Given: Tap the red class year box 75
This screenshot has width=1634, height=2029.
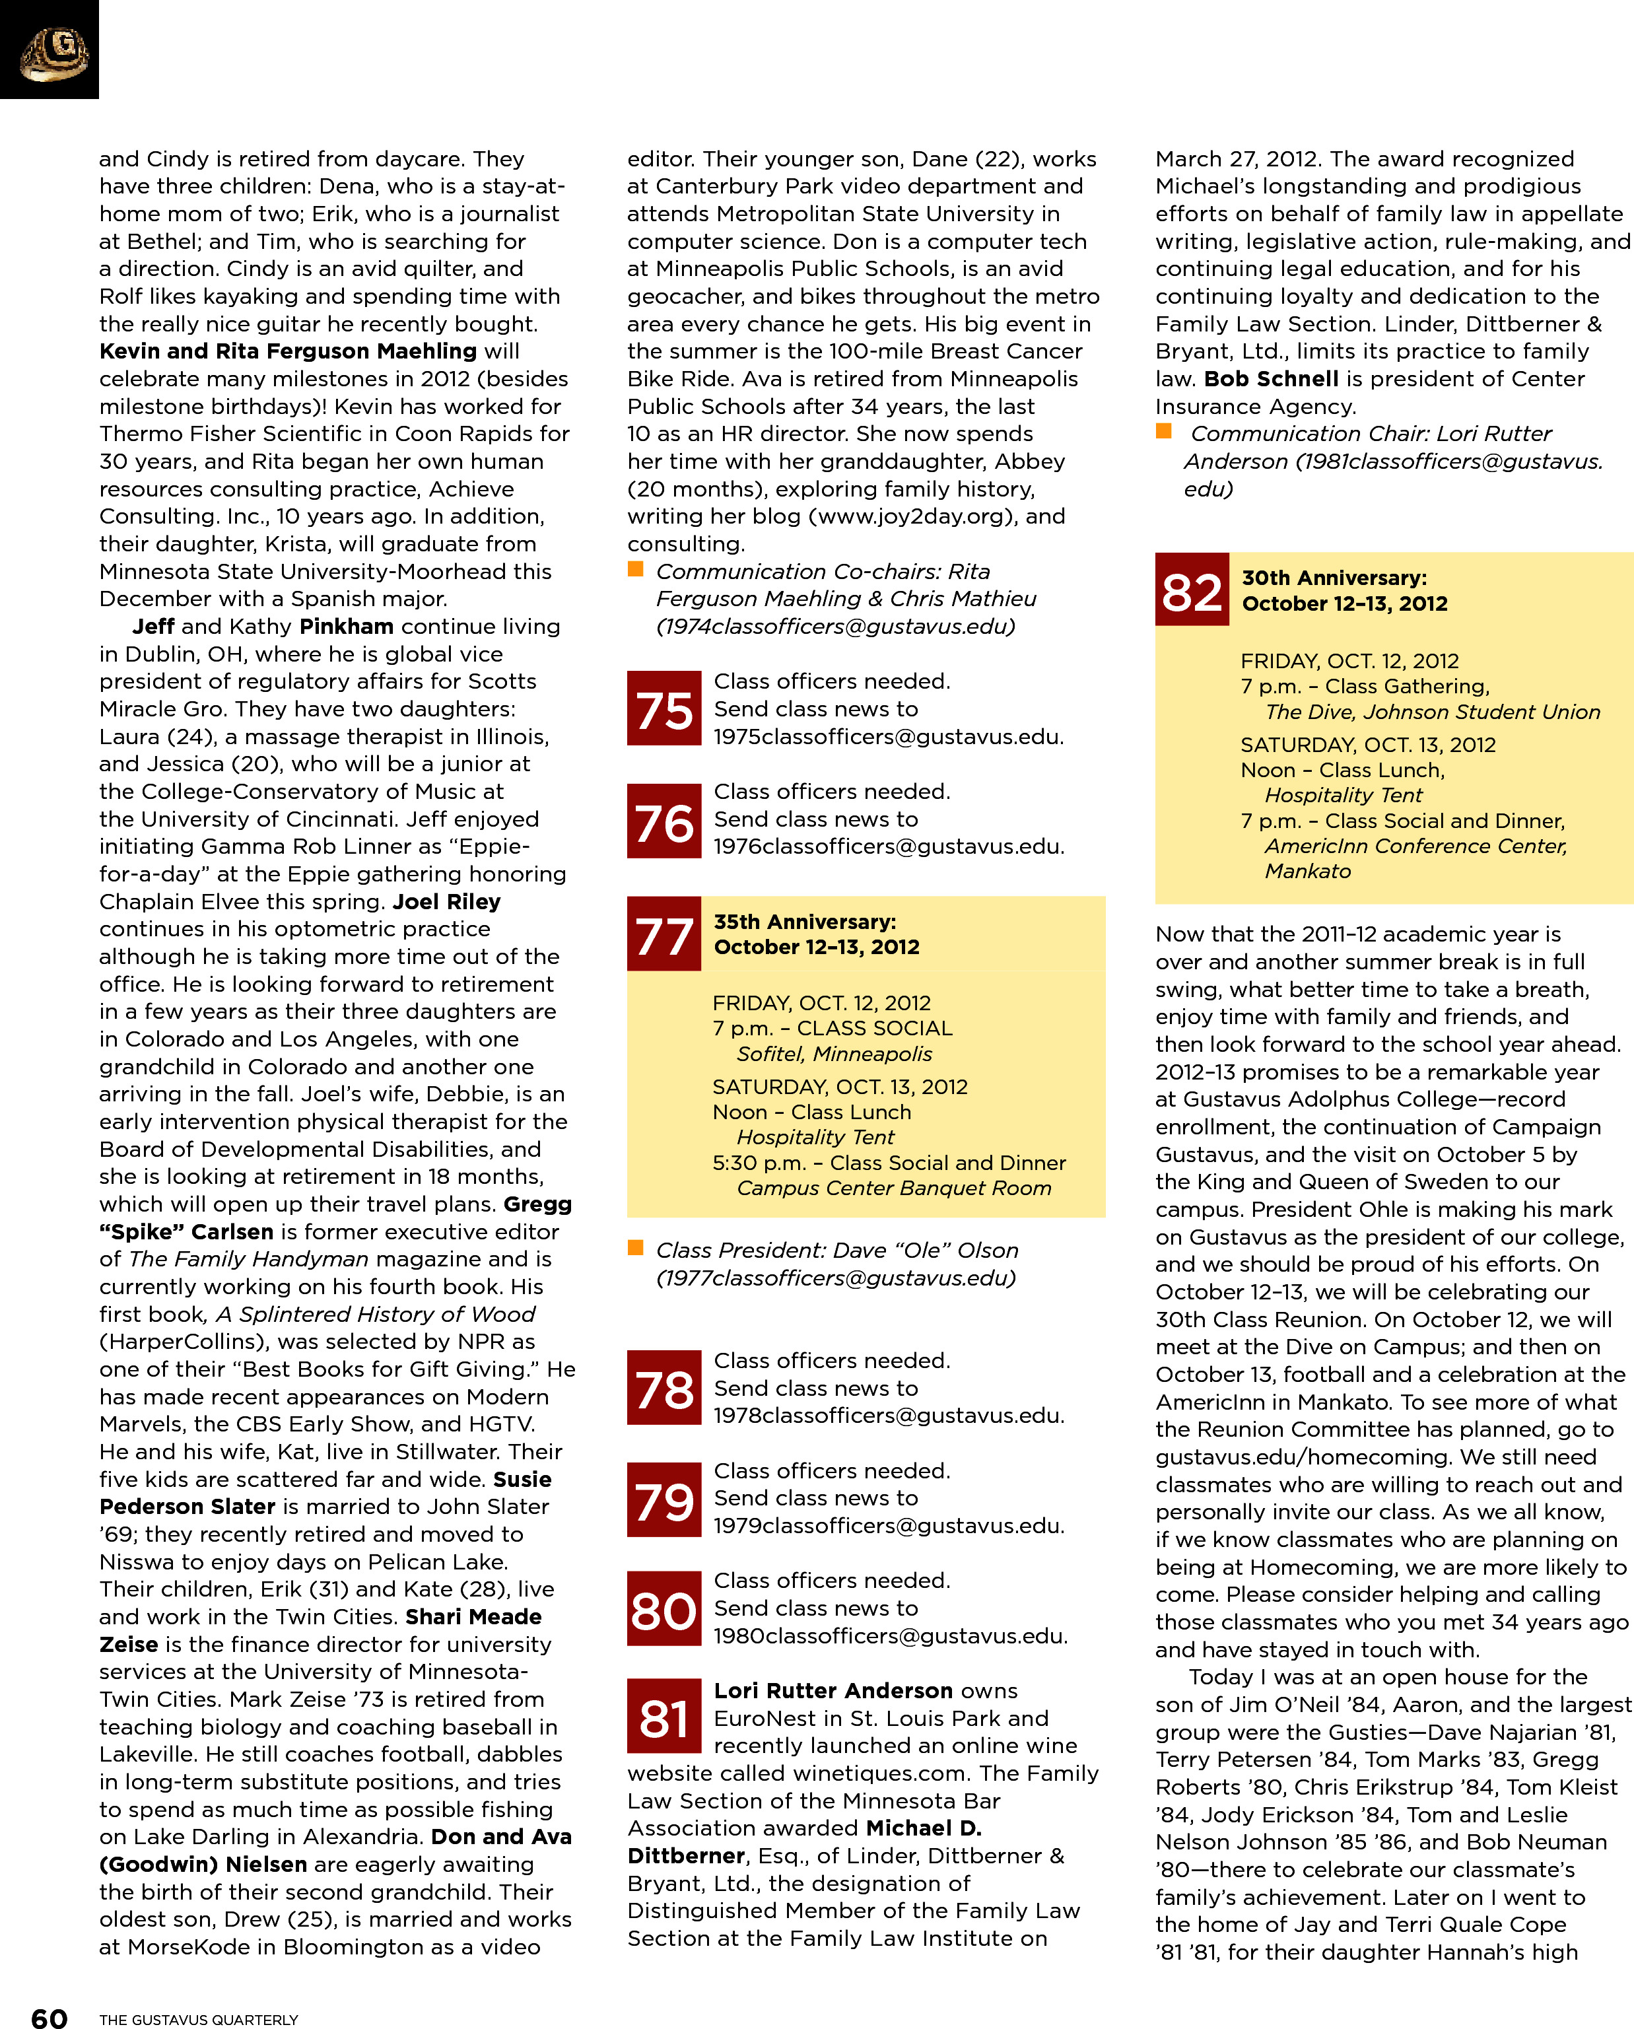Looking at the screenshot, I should pyautogui.click(x=664, y=708).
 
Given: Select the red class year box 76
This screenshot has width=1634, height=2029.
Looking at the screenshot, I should pyautogui.click(x=664, y=821).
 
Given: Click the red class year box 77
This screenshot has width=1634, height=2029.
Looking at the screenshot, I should pyautogui.click(x=664, y=934).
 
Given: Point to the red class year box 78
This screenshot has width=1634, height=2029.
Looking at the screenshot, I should pyautogui.click(x=664, y=1387).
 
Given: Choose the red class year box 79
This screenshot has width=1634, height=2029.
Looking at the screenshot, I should pyautogui.click(x=664, y=1499).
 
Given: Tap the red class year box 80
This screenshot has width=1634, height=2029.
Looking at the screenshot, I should pyautogui.click(x=664, y=1608).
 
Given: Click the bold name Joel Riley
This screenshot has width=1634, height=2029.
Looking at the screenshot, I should pyautogui.click(x=446, y=901).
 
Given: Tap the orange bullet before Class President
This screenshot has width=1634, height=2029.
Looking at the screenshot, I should pyautogui.click(x=635, y=1248).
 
